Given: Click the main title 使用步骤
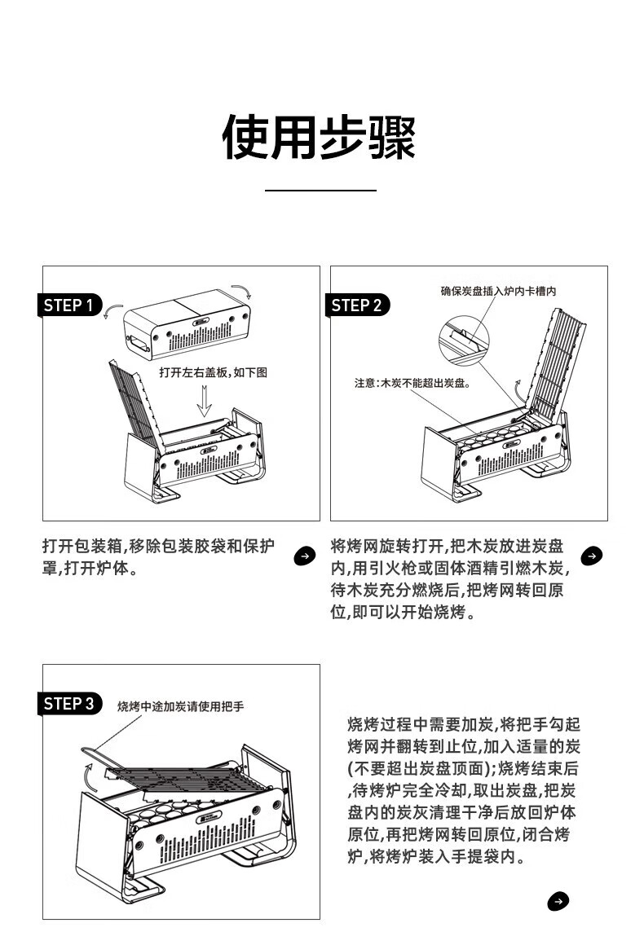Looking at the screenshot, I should click(x=320, y=137).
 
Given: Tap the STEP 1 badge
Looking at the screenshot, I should click(x=71, y=305).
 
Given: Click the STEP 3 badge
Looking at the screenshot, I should click(x=71, y=703).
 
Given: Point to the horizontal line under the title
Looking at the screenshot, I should click(x=320, y=190).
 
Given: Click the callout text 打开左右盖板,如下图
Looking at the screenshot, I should click(x=213, y=372).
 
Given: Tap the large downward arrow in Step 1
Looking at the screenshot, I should click(x=204, y=400).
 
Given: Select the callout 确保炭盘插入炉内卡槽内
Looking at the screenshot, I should click(x=498, y=290).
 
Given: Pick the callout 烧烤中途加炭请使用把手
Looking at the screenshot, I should click(x=180, y=706).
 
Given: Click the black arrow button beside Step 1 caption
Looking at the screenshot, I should click(x=303, y=556).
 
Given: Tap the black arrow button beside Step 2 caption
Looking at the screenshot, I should click(x=592, y=556).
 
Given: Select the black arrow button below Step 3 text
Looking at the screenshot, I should click(x=558, y=901).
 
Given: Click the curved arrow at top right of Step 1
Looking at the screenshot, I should click(x=242, y=291).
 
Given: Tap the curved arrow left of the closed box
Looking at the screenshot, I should click(x=114, y=310).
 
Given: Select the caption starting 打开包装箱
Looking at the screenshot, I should click(x=159, y=556).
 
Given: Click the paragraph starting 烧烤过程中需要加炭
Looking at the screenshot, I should click(x=463, y=790).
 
